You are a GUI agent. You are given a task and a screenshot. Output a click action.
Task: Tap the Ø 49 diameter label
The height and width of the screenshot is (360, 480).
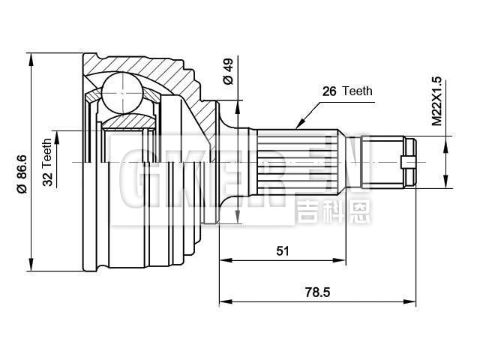coord(228,73)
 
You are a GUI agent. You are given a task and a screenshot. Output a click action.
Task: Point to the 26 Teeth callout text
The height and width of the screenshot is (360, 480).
coord(346,91)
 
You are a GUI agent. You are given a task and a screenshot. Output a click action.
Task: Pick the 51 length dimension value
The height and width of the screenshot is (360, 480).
coord(282,250)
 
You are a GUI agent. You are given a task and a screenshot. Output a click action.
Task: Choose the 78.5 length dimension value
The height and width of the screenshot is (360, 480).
coord(318,292)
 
